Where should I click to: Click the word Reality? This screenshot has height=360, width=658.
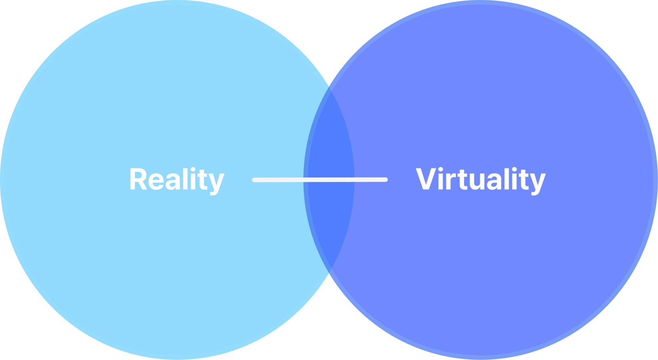pyautogui.click(x=177, y=179)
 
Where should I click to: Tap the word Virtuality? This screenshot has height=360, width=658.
pyautogui.click(x=480, y=179)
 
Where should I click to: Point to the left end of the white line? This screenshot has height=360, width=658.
pyautogui.click(x=254, y=180)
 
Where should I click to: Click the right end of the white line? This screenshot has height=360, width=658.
pyautogui.click(x=386, y=180)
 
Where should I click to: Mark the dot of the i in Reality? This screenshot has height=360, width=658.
pyautogui.click(x=193, y=169)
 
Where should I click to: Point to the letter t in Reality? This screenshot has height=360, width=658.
pyautogui.click(x=203, y=180)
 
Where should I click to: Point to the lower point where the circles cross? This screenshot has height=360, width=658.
pyautogui.click(x=329, y=275)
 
